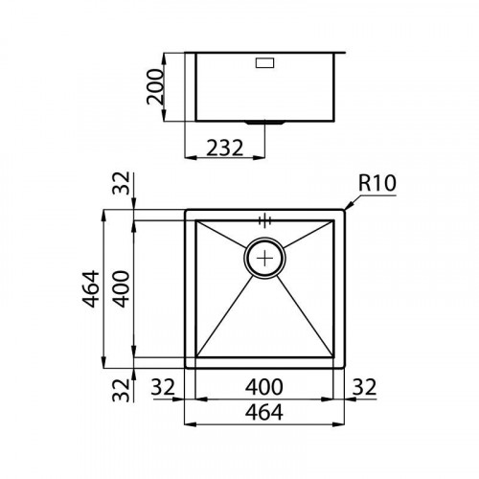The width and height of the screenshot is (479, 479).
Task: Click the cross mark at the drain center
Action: [x=265, y=257]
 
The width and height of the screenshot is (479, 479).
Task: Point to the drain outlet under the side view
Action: [x=265, y=124]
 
